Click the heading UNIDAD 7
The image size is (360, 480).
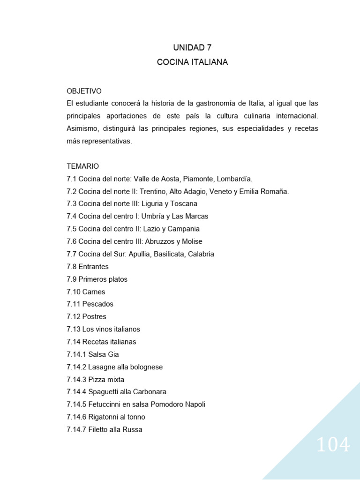(192, 47)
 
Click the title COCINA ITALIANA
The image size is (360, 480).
(192, 62)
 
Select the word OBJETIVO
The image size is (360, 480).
(84, 91)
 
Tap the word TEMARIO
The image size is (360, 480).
(83, 166)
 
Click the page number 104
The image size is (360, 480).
(333, 445)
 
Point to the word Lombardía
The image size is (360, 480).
(235, 179)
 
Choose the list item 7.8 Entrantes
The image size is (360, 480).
(88, 267)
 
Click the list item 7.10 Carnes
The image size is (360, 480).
(86, 292)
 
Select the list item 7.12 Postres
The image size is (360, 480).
(87, 317)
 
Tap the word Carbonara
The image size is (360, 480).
(148, 392)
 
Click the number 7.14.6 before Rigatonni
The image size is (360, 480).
(76, 417)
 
